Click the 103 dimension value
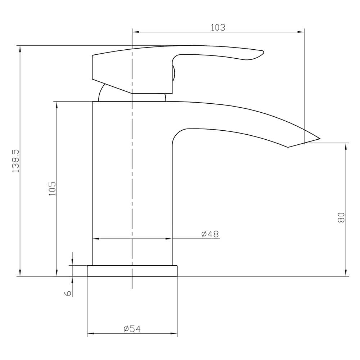click(x=218, y=27)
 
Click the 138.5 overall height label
click(x=15, y=161)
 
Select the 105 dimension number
click(x=52, y=188)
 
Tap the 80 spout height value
click(x=341, y=217)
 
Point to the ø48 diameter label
click(x=210, y=234)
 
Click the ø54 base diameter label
click(x=132, y=329)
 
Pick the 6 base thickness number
click(x=68, y=293)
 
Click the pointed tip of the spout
click(x=319, y=138)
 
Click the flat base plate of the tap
click(x=132, y=271)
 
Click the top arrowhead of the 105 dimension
click(x=57, y=105)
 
